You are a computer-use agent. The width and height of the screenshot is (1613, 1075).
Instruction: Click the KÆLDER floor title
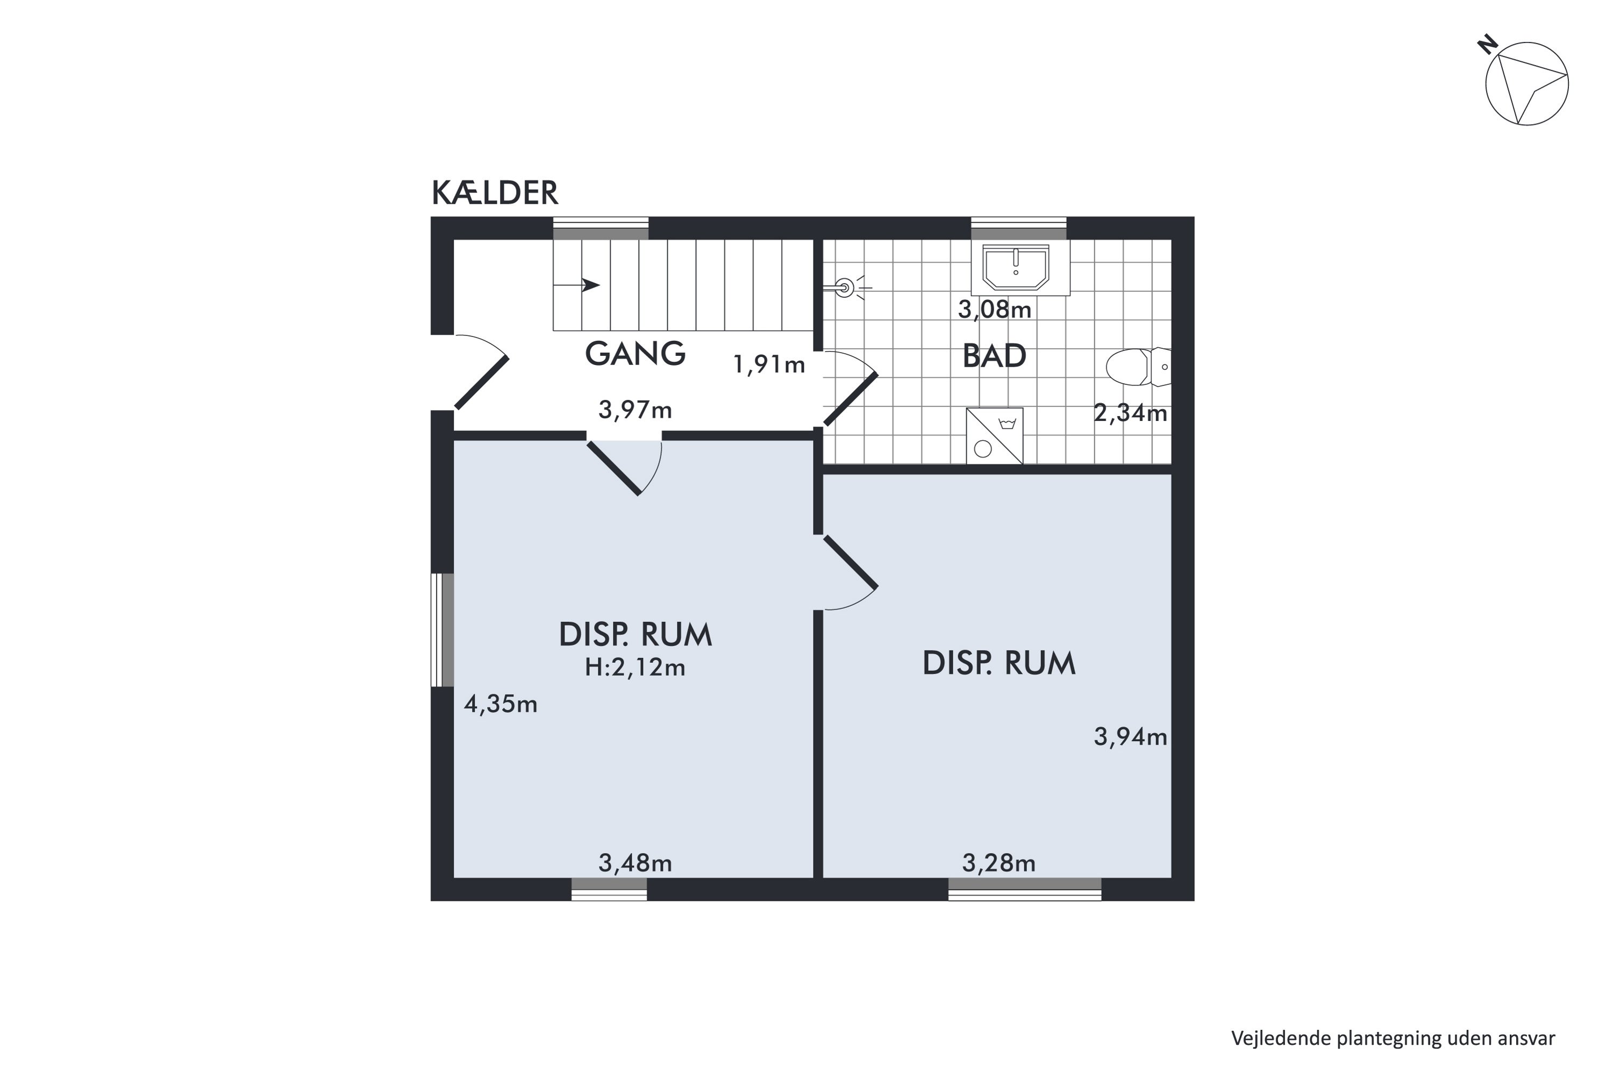point(495,193)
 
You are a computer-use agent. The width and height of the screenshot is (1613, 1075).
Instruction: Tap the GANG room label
point(635,353)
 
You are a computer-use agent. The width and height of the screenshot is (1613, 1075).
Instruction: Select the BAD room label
point(994,356)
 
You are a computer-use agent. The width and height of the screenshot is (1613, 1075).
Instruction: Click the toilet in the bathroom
point(1138,367)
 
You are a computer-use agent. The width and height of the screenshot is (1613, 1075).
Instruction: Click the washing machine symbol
point(994,436)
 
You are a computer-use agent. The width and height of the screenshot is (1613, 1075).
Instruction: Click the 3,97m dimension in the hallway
point(635,410)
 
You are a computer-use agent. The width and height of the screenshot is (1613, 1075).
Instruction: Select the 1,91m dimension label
point(769,364)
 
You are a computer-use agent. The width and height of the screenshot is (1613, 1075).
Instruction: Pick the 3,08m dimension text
point(994,310)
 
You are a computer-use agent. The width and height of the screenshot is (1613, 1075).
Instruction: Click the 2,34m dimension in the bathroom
point(1130,413)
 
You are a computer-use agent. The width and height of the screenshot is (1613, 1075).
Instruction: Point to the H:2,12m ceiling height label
point(635,667)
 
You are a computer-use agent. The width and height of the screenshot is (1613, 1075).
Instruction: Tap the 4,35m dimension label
point(501,704)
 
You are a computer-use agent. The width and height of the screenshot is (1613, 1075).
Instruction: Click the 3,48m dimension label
point(635,863)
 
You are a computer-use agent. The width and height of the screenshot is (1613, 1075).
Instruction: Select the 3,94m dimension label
point(1130,736)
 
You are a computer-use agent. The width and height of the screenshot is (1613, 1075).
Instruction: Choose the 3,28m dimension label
point(998,863)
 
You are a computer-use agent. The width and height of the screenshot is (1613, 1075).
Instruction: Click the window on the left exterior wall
point(442,629)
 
